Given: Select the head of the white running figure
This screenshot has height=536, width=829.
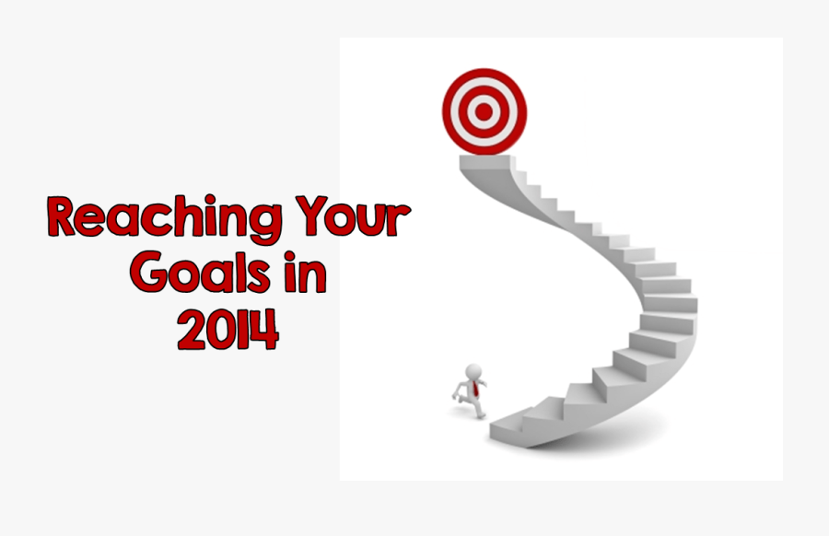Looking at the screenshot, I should pyautogui.click(x=474, y=371).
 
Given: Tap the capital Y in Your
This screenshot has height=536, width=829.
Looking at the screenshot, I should pyautogui.click(x=306, y=217).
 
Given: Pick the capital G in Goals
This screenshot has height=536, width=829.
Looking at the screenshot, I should pyautogui.click(x=150, y=274).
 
